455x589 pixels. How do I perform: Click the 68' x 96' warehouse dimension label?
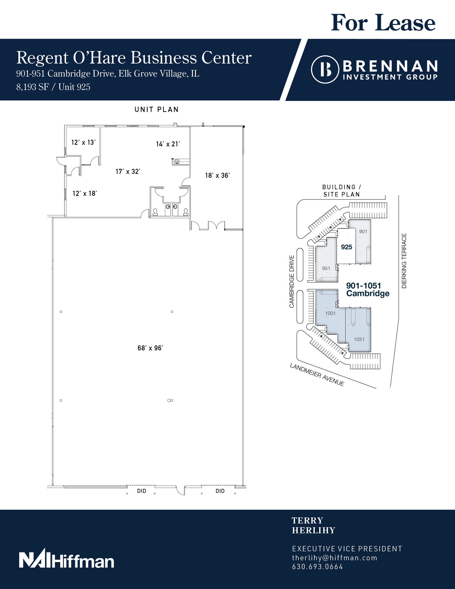tap(150, 348)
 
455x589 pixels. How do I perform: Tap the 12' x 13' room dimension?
tap(83, 142)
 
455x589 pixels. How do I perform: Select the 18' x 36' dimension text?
tap(218, 175)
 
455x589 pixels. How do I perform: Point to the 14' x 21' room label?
tap(168, 144)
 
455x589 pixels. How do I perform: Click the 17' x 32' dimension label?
tap(128, 171)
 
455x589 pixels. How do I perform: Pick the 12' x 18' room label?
tap(85, 194)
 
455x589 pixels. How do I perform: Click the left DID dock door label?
tap(142, 491)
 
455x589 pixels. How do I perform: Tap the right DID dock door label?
tap(220, 491)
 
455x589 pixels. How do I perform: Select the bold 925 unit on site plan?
tap(346, 247)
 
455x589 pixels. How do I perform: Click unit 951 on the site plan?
tap(326, 268)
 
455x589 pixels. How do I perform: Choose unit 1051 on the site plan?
tap(359, 339)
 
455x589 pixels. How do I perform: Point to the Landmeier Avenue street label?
tap(317, 375)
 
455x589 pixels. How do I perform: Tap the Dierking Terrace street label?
tap(404, 261)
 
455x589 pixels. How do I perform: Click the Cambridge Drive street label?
tap(292, 282)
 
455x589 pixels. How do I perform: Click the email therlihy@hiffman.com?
tap(334, 558)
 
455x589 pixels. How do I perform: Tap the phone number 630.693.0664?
tap(317, 567)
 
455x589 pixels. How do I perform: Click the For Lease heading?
tap(383, 23)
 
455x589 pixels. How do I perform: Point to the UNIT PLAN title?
tap(157, 110)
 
